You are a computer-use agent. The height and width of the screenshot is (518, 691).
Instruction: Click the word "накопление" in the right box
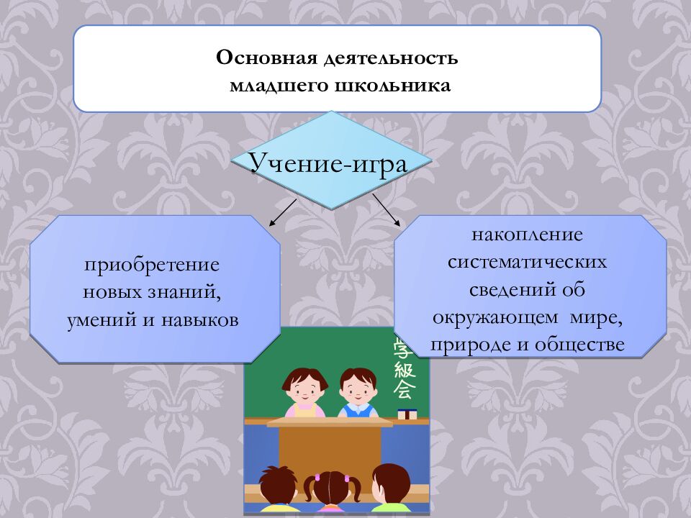click(x=527, y=235)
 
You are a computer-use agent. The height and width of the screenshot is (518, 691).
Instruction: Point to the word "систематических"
click(x=527, y=262)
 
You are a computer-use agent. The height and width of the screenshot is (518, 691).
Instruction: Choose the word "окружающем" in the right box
click(x=496, y=317)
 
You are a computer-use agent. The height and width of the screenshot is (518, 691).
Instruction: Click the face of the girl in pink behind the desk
click(x=302, y=389)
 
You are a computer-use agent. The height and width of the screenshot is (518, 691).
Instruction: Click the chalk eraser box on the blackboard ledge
click(x=407, y=414)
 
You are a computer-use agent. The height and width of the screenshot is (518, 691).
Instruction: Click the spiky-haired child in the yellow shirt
click(x=276, y=489)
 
